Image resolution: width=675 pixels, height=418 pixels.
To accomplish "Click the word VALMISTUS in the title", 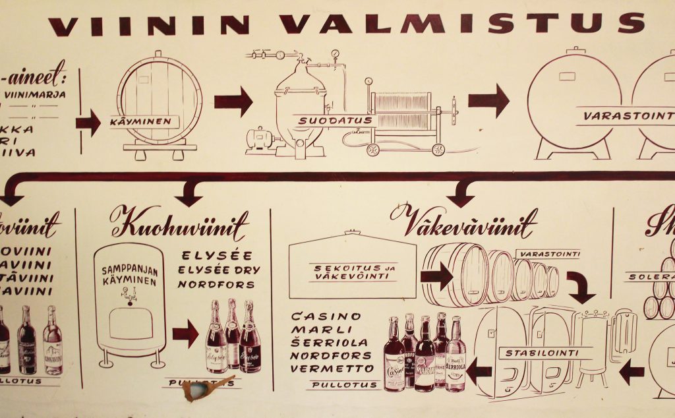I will tap(461, 24).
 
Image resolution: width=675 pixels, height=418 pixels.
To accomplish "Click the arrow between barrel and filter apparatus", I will tap(233, 102).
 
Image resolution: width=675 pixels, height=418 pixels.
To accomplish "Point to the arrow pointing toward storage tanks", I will tap(488, 101).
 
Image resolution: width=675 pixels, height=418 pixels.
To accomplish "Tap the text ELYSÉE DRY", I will tap(220, 270).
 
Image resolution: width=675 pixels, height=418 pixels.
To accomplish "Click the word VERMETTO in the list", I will tap(332, 369).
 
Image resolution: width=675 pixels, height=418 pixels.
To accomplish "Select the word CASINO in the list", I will tap(317, 316).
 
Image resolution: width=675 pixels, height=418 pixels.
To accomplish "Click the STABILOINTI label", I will tap(541, 353).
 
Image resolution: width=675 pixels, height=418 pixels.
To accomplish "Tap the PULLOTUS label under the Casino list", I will tap(345, 385).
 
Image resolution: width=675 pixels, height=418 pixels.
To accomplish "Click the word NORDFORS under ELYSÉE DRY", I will tap(217, 285).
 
